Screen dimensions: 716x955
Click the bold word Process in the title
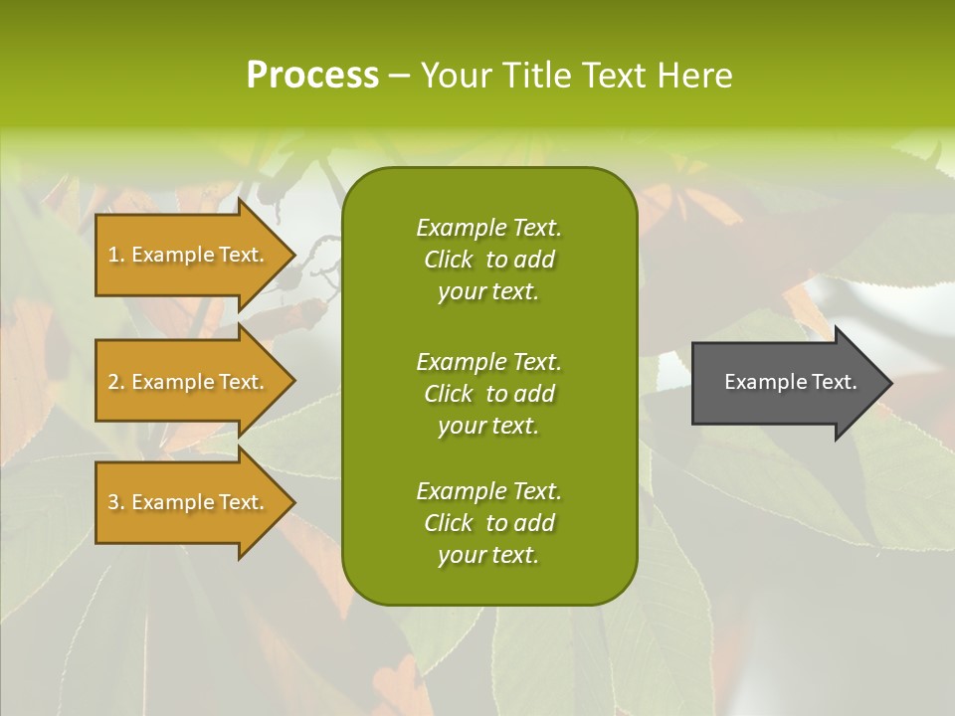312,76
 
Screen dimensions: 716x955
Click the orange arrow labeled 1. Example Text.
189,255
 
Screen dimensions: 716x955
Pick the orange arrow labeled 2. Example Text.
189,382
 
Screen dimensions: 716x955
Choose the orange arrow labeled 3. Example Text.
189,502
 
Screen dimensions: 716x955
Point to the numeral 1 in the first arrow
112,255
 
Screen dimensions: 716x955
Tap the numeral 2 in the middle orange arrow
112,382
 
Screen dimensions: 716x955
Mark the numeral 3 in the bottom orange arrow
112,502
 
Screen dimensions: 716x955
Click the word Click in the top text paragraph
449,261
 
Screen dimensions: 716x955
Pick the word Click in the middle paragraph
449,394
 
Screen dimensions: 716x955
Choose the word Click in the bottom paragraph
449,523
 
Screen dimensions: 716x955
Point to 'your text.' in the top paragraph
488,292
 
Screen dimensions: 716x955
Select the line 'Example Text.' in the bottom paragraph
488,491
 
